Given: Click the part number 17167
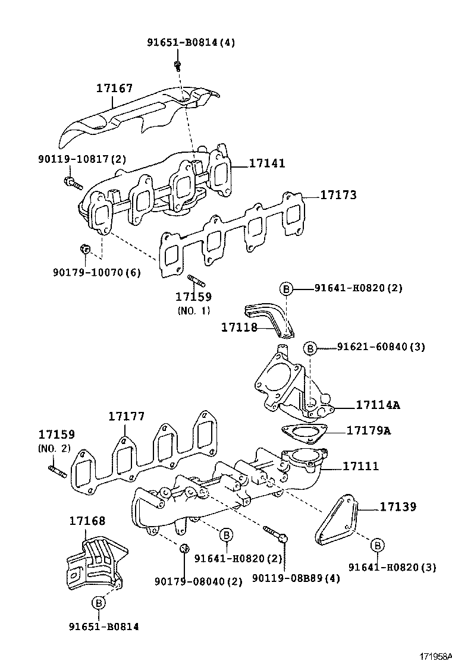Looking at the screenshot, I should pos(114,89).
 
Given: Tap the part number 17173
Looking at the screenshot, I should pos(338,195).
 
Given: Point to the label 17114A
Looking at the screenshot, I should pos(378,405).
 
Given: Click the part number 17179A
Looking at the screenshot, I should pos(368,430).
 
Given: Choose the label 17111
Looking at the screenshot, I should pos(360,467).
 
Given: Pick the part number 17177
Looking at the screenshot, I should pos(126,417).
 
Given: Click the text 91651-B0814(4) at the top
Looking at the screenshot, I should pos(191,42).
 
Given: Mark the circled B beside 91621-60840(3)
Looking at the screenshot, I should pos(310,348).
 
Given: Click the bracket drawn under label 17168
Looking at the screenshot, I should pos(95,561).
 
